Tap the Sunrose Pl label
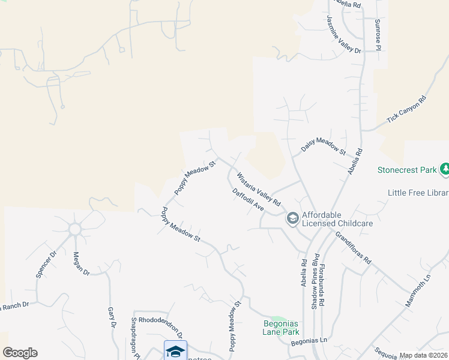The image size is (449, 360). tap(378, 34)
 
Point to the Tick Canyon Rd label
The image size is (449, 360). tap(406, 110)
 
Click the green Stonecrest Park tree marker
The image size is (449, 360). tap(445, 170)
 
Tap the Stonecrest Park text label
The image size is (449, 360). tap(407, 170)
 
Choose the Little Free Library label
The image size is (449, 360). tap(418, 193)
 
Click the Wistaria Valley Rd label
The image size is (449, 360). tap(259, 190)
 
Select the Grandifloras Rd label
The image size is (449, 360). tap(354, 248)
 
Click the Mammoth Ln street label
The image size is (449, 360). tap(418, 291)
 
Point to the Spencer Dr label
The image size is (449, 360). tap(46, 264)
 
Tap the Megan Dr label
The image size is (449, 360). tap(82, 263)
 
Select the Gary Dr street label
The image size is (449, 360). tap(112, 317)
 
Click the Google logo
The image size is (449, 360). tap(20, 353)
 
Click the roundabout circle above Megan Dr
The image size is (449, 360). tap(75, 229)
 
